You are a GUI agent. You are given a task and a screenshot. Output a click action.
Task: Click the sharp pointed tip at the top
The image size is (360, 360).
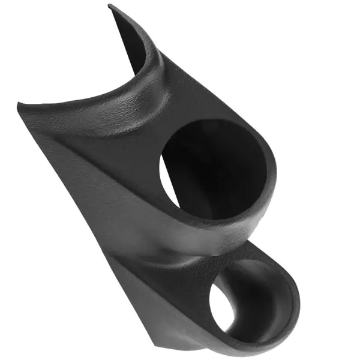click(x=110, y=6)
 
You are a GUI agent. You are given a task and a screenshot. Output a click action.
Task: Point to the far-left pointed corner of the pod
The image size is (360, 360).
click(x=19, y=107)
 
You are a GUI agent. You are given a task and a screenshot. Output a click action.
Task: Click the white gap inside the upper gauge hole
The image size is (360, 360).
click(x=169, y=180)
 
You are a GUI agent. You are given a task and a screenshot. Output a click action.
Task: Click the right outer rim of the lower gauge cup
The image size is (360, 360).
click(x=297, y=300)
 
